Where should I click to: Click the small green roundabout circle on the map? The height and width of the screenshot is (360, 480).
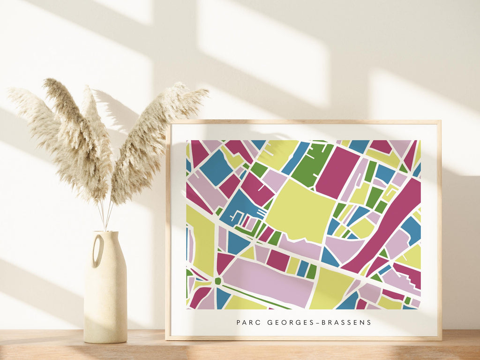click(x=217, y=281)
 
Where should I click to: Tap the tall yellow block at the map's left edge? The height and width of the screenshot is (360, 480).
click(x=202, y=239)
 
